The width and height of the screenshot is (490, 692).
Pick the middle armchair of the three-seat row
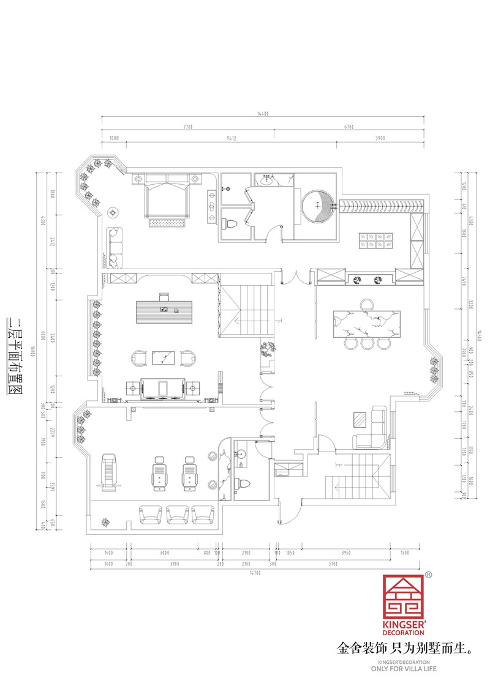177,515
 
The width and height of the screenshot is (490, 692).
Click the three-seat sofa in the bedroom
114,248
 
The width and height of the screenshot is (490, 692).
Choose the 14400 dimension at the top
263,113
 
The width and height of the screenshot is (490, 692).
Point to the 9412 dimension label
232,139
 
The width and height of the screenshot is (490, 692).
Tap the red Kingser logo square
404,597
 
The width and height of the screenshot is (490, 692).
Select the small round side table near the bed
113,213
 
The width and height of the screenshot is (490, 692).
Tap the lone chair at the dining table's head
367,304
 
